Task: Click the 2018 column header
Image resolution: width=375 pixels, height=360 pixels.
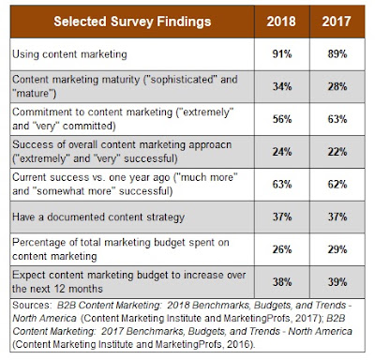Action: pos(281,22)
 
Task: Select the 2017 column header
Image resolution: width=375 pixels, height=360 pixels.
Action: pos(337,22)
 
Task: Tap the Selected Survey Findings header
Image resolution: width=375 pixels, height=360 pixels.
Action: pos(132,22)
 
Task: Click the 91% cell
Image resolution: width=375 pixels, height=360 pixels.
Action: pos(282,54)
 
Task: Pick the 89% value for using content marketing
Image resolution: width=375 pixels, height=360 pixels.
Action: pos(337,54)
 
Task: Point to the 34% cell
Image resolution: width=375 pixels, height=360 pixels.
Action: pos(282,86)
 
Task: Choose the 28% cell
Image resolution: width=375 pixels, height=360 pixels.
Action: pos(337,86)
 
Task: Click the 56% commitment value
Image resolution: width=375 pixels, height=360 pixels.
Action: pos(282,119)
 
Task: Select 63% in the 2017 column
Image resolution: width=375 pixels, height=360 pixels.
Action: pos(337,119)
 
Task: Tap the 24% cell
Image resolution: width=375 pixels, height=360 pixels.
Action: pos(282,152)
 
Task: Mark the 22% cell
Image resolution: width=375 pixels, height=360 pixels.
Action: pos(337,152)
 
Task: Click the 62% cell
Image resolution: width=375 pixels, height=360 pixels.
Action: pos(337,185)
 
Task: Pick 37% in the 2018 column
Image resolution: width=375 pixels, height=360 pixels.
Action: pos(282,217)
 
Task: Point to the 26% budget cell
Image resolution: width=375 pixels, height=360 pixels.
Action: pos(282,249)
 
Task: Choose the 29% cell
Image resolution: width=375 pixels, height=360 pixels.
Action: pos(337,249)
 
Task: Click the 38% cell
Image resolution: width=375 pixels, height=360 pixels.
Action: pos(282,282)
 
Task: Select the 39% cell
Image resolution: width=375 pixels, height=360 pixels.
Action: pos(337,282)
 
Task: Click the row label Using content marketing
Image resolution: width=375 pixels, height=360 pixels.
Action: pos(69,54)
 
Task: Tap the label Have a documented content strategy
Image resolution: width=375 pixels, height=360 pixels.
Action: pos(98,217)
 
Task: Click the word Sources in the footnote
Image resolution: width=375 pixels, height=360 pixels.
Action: pos(31,305)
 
